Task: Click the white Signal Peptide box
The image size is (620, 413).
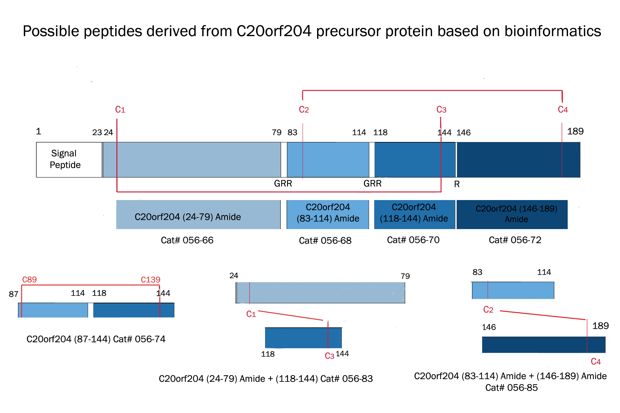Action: coord(69,160)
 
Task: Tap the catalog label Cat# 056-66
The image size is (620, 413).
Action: coord(187,240)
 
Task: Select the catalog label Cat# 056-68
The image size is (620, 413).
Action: coord(325,240)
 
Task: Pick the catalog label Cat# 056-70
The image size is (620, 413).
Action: coord(413,240)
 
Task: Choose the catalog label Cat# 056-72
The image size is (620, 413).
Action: coord(515,240)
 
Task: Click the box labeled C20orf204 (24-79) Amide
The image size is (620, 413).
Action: coord(198,215)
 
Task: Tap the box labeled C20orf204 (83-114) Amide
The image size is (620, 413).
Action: coord(328,215)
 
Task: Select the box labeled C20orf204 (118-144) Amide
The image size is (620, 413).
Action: coord(415,215)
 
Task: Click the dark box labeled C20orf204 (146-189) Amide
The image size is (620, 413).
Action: coord(512,215)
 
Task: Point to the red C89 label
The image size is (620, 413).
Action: coord(29,279)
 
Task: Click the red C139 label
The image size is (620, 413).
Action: coord(150,279)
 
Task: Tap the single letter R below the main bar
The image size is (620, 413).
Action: coord(457,184)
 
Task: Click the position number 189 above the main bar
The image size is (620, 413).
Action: coord(575,131)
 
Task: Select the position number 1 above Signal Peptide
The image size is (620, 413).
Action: coord(38,131)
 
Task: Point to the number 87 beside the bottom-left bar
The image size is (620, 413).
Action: coord(14,294)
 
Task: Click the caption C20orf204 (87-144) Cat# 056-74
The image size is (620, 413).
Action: coord(96,339)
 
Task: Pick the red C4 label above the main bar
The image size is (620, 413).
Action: coord(563,110)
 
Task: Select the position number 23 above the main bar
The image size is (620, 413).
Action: coord(97,133)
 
